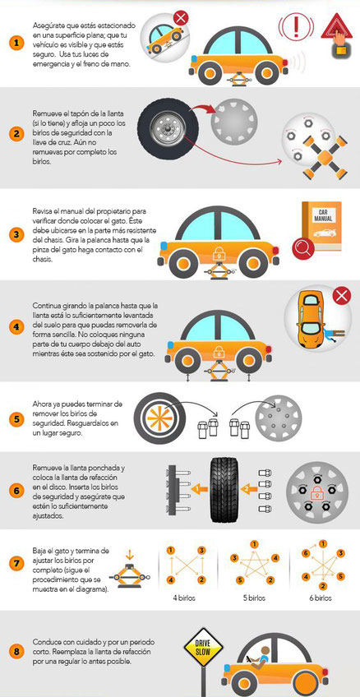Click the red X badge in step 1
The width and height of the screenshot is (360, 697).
click(x=181, y=19)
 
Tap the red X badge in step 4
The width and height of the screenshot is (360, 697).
click(x=342, y=296)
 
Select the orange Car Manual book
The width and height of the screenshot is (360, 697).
click(x=321, y=226)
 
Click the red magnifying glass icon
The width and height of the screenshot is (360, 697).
click(x=303, y=248)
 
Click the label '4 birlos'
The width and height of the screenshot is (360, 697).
click(x=184, y=598)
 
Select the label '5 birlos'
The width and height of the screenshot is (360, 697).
click(x=254, y=598)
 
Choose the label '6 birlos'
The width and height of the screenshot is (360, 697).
click(x=321, y=598)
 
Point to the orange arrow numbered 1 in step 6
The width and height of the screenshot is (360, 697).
click(x=197, y=489)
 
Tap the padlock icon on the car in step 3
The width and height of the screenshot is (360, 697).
click(x=219, y=254)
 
